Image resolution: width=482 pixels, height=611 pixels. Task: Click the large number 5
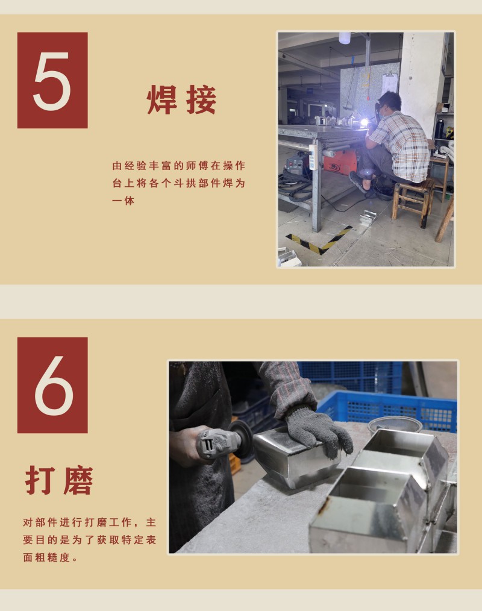52,81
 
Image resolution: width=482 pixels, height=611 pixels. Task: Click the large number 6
54,386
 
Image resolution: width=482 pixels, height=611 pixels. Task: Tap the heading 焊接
181,100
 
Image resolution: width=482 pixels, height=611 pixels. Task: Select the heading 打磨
59,480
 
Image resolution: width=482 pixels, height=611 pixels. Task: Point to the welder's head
389,103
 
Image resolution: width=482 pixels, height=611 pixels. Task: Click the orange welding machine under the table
342,162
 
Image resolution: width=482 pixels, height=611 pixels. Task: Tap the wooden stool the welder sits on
413,201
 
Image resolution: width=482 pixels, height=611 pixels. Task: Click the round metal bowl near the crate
394,425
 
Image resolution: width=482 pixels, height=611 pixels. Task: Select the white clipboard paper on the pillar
390,83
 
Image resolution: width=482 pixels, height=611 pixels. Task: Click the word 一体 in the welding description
123,201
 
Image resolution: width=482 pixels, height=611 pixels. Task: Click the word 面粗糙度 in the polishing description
47,557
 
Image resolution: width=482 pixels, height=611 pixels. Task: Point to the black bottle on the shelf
440,128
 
